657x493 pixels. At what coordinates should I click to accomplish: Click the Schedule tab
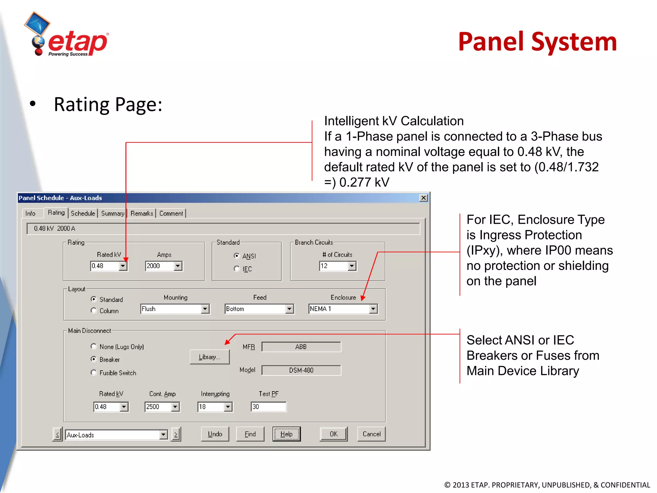click(83, 213)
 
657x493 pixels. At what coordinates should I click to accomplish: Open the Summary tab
click(112, 213)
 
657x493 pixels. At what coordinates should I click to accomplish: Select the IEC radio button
click(237, 269)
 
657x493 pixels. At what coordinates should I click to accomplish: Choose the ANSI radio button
click(237, 256)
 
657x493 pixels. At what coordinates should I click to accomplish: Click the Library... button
click(209, 357)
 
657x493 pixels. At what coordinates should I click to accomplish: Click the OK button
click(334, 434)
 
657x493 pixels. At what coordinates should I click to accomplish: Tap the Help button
click(286, 434)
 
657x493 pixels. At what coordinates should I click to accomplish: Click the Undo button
click(215, 434)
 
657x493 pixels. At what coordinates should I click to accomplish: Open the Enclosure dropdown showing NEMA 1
click(373, 309)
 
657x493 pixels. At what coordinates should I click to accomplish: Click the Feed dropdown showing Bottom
click(289, 309)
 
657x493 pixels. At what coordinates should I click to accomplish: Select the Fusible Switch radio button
click(94, 373)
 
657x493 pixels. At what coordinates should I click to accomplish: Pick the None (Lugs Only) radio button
click(94, 346)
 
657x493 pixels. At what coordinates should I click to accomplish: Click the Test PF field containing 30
click(269, 407)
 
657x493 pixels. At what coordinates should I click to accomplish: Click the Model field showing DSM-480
click(301, 370)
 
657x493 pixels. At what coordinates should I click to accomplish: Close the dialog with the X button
click(423, 198)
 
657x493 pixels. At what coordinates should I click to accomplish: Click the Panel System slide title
click(537, 42)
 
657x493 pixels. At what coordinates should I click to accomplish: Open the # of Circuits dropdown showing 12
click(352, 266)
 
